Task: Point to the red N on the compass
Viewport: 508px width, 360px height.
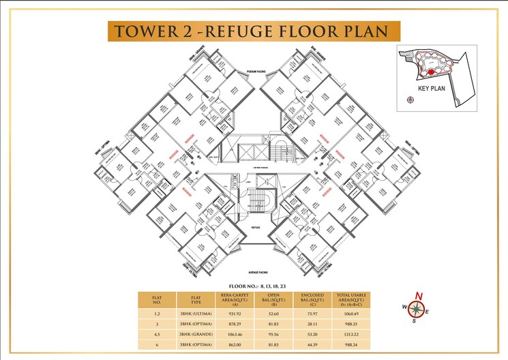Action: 419,296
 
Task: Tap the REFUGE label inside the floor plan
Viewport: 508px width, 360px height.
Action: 256,226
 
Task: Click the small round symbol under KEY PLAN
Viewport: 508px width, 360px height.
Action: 410,100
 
